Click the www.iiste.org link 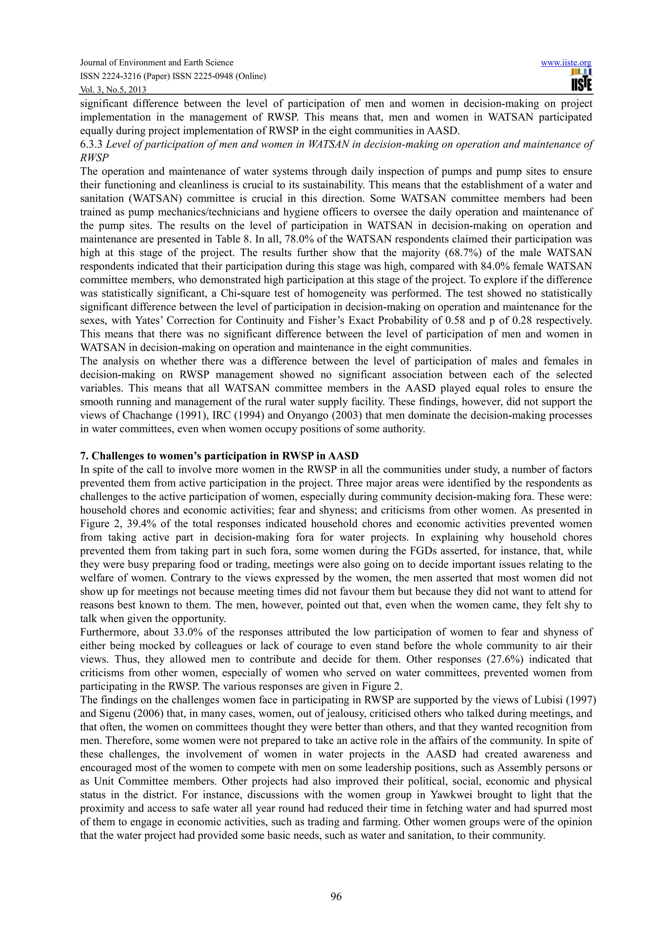pyautogui.click(x=566, y=63)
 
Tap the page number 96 pyautogui.click(x=336, y=897)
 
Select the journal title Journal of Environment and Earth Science pyautogui.click(x=157, y=63)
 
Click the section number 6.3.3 pyautogui.click(x=91, y=145)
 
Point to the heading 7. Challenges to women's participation pyautogui.click(x=219, y=456)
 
